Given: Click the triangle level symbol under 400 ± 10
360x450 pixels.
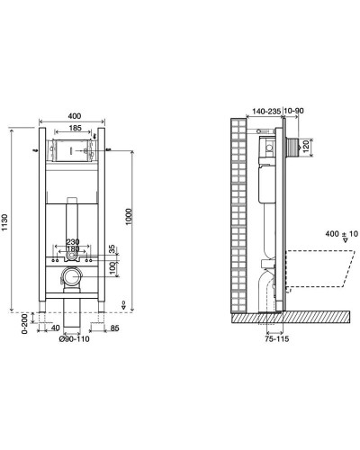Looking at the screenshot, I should tap(332, 243).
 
